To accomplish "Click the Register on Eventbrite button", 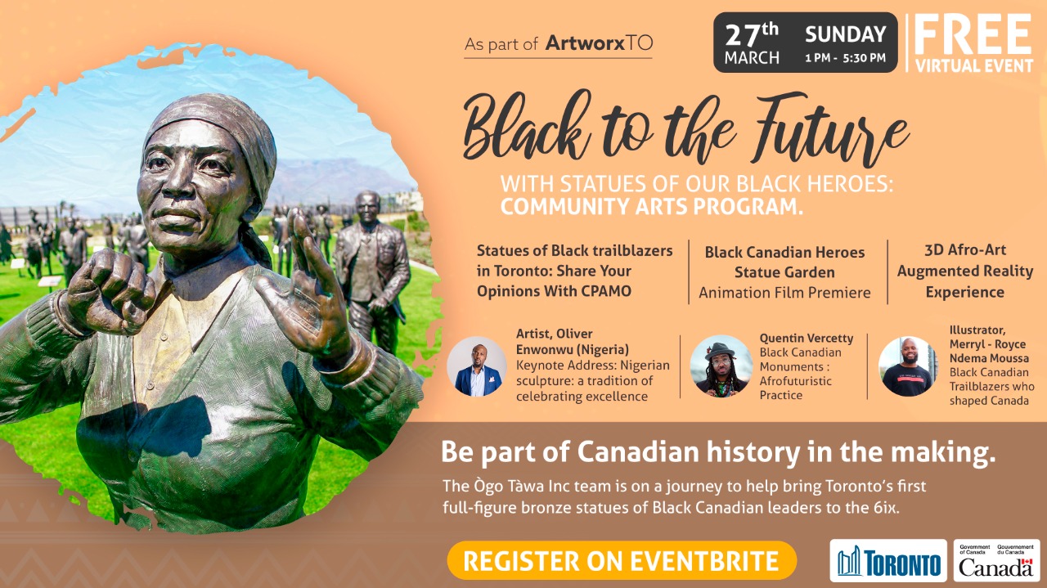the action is [x=622, y=560].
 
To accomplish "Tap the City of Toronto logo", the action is [x=888, y=560].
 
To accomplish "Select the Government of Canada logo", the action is [x=996, y=560].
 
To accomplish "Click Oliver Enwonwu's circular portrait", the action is [x=477, y=366].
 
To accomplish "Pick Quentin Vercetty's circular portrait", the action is [x=721, y=366].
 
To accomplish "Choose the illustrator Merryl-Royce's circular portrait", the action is [x=908, y=366].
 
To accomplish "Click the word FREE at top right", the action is [x=973, y=34].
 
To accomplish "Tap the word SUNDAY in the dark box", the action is [x=846, y=34].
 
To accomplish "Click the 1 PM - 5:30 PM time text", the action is [x=846, y=58].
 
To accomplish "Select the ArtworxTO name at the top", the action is [x=599, y=43].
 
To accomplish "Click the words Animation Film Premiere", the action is [x=784, y=293].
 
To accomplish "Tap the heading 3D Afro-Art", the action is [x=965, y=250].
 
